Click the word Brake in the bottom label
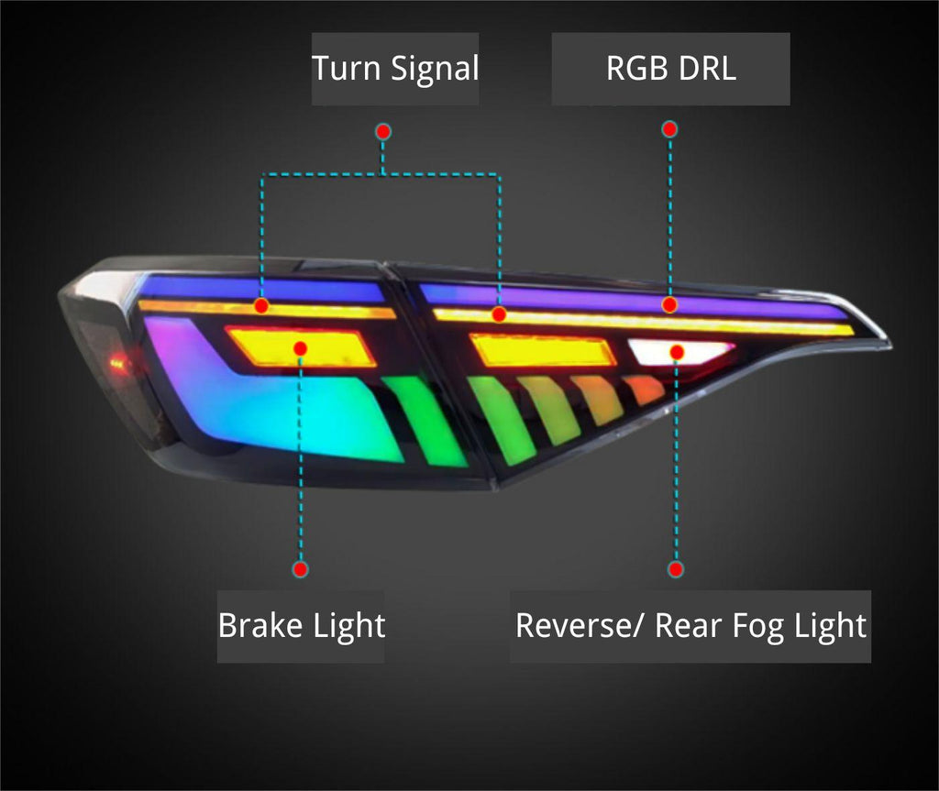(x=260, y=625)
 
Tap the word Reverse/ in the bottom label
(x=581, y=625)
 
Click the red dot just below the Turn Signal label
(x=383, y=132)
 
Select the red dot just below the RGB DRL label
(x=670, y=129)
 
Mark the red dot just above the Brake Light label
(x=301, y=569)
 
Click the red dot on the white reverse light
(x=678, y=351)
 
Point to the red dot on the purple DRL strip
(x=669, y=303)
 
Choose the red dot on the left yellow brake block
(x=300, y=347)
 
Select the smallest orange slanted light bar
(x=644, y=390)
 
